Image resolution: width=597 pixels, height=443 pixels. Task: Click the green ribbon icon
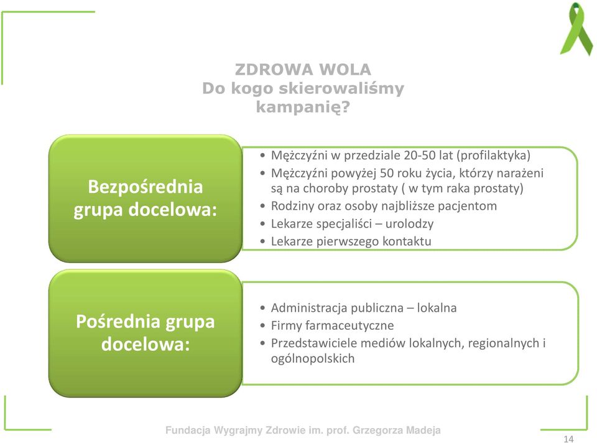(x=575, y=29)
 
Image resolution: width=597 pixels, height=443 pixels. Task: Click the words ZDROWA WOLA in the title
(x=303, y=70)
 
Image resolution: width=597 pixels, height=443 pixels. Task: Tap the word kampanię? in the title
(x=303, y=107)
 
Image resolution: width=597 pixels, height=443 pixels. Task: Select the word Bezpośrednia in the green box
(x=146, y=187)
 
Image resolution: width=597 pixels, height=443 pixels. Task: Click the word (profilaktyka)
(x=493, y=156)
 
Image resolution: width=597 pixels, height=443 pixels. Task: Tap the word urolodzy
(x=409, y=224)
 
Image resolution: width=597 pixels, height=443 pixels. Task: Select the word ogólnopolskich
(x=313, y=359)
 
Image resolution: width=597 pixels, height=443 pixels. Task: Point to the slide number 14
(x=568, y=439)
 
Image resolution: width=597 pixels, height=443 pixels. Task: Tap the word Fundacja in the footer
(x=188, y=431)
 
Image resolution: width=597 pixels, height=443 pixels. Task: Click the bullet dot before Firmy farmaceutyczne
(x=262, y=325)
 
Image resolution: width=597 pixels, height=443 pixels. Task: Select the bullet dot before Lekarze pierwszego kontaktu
(x=262, y=241)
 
